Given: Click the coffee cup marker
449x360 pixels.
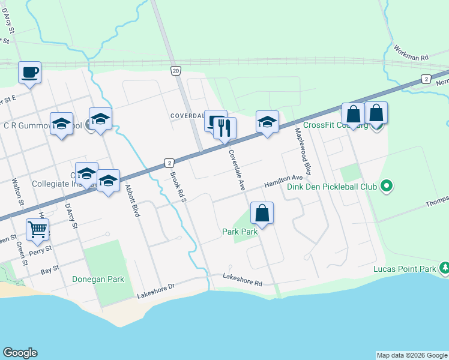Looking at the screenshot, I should pyautogui.click(x=29, y=73).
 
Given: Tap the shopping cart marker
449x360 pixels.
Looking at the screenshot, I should pyautogui.click(x=37, y=229).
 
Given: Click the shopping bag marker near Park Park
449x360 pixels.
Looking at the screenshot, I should pyautogui.click(x=262, y=213).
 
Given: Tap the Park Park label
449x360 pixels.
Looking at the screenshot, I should pyautogui.click(x=240, y=231).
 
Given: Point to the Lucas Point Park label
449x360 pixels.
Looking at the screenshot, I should pyautogui.click(x=404, y=269).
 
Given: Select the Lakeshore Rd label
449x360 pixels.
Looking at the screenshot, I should pyautogui.click(x=243, y=277).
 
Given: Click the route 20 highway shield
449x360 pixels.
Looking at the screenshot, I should pyautogui.click(x=175, y=71).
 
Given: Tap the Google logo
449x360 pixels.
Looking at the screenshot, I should pyautogui.click(x=20, y=353).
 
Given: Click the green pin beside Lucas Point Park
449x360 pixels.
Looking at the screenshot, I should pyautogui.click(x=444, y=267).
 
